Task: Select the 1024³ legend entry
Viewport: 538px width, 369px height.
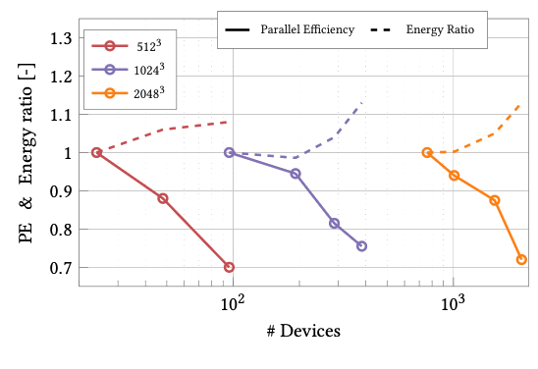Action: [128, 70]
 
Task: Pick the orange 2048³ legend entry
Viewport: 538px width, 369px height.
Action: [128, 94]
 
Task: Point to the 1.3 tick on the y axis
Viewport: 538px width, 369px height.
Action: [61, 38]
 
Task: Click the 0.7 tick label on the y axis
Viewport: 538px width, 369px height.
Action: [61, 268]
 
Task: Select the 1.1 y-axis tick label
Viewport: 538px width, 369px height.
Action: [61, 115]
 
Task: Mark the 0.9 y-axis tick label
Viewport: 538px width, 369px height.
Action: [61, 191]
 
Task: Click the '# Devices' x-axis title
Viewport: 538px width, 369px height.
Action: [303, 331]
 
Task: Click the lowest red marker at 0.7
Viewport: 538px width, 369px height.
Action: [229, 267]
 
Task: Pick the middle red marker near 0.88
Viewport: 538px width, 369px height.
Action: [163, 199]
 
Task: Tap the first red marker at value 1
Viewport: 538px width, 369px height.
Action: [96, 152]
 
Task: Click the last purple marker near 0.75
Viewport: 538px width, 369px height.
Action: [361, 246]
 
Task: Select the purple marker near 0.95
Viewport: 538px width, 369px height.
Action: [296, 174]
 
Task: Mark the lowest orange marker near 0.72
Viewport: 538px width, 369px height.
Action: [521, 259]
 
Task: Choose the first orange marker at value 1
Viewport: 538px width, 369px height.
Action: [427, 152]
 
